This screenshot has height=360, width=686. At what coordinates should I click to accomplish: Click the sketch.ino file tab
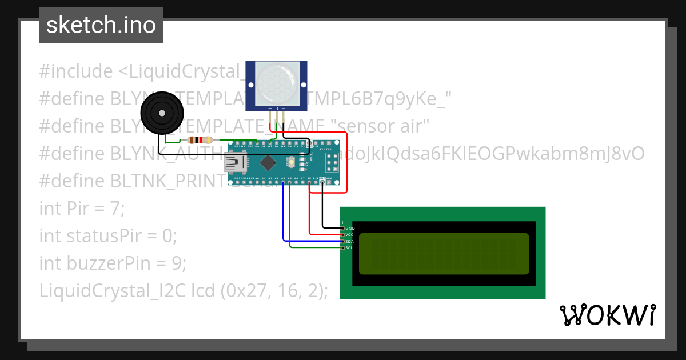[x=101, y=25]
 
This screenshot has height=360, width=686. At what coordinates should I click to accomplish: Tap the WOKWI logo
[x=607, y=315]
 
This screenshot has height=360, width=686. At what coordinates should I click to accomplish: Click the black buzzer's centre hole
[x=163, y=113]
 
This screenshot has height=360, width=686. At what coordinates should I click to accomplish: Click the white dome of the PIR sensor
[x=276, y=83]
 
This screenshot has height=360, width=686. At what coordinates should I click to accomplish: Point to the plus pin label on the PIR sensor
[x=270, y=108]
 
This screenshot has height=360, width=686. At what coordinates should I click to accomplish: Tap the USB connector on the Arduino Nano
[x=236, y=164]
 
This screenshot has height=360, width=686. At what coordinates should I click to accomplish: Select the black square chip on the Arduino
[x=268, y=163]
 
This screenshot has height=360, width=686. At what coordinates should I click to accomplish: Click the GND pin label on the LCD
[x=350, y=228]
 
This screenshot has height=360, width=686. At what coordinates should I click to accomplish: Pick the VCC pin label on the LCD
[x=350, y=234]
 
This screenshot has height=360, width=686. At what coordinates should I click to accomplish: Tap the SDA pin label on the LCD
[x=350, y=241]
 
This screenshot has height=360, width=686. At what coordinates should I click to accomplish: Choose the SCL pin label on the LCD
[x=350, y=247]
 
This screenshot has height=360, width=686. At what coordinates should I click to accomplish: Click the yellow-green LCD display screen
[x=444, y=253]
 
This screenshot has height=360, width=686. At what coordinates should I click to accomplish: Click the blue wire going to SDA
[x=284, y=217]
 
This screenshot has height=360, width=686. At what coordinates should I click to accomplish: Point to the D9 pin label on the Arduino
[x=257, y=146]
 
